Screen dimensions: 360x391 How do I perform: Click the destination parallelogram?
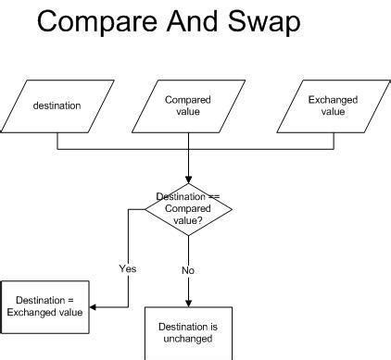coord(57,106)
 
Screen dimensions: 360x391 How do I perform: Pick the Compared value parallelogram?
coord(187,106)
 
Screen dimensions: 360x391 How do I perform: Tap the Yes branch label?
coord(128,268)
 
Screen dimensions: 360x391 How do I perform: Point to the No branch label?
coord(188,270)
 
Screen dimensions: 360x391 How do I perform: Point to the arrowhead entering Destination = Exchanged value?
coord(94,307)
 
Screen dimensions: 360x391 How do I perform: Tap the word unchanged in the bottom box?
coord(188,338)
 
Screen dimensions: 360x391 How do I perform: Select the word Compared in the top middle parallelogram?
coord(187,100)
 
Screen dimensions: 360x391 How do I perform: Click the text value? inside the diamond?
coord(188,219)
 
